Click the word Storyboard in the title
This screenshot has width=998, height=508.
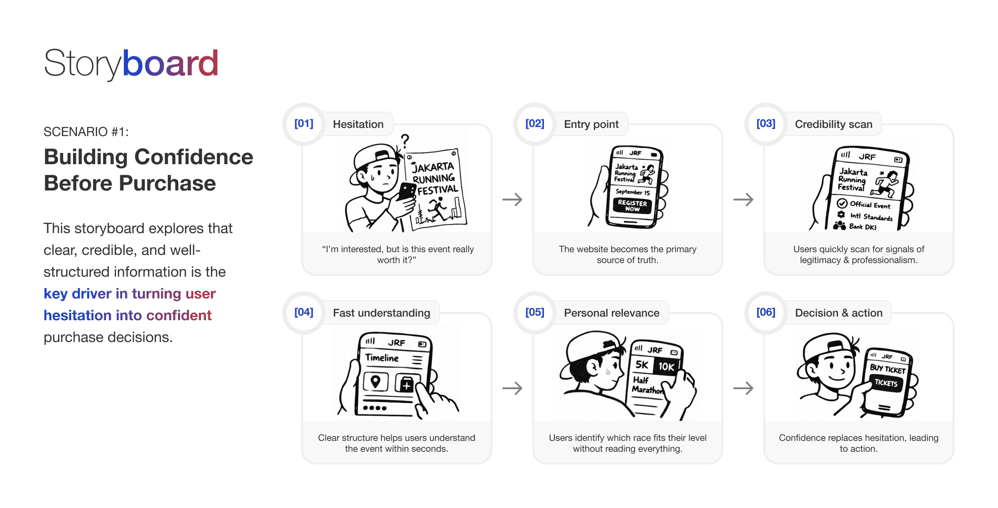click(131, 63)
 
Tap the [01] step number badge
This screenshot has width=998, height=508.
click(303, 124)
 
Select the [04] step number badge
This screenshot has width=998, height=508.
click(303, 313)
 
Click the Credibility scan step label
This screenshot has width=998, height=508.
click(833, 124)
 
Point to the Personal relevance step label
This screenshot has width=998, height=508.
click(612, 313)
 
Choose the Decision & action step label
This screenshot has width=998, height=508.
click(838, 313)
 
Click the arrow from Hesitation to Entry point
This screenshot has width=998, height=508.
click(512, 200)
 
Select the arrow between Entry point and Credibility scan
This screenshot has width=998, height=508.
click(743, 200)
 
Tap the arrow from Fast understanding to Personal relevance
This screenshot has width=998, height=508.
click(512, 388)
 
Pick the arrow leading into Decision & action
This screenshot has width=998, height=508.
click(743, 388)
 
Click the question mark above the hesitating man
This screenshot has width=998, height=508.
click(405, 140)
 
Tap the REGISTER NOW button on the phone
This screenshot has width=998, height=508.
click(632, 206)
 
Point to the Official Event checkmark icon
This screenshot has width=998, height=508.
click(842, 203)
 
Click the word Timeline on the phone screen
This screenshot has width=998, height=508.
click(382, 358)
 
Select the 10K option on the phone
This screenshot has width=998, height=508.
click(666, 366)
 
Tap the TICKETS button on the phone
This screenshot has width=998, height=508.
click(886, 383)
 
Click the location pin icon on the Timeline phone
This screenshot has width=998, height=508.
click(375, 381)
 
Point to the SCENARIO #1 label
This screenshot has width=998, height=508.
click(86, 132)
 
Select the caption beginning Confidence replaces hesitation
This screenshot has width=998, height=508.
click(858, 443)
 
